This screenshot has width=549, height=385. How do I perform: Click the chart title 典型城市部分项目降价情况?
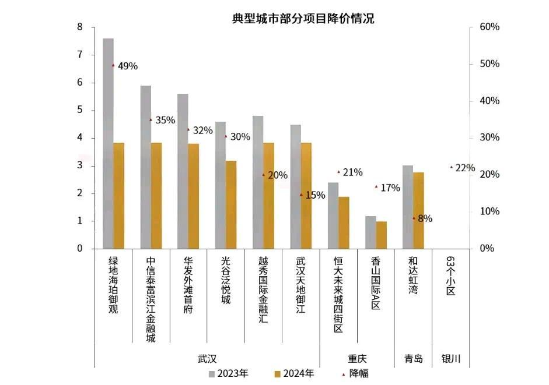pyautogui.click(x=303, y=19)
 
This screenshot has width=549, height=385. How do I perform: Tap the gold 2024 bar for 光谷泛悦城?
pyautogui.click(x=231, y=204)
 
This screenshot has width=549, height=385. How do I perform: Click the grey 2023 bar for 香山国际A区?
pyautogui.click(x=370, y=232)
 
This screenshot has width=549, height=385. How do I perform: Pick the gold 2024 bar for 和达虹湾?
pyautogui.click(x=418, y=210)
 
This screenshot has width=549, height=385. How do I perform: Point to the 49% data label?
pyautogui.click(x=127, y=66)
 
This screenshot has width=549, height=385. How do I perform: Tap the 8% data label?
pyautogui.click(x=425, y=219)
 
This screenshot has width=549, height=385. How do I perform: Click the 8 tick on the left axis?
pyautogui.click(x=79, y=27)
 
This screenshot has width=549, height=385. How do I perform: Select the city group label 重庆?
pyautogui.click(x=357, y=359)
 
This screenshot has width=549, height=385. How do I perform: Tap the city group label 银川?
pyautogui.click(x=450, y=359)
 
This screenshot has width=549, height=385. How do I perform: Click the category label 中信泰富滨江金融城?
pyautogui.click(x=151, y=299)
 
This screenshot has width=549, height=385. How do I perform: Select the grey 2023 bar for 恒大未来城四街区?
pyautogui.click(x=333, y=216)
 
